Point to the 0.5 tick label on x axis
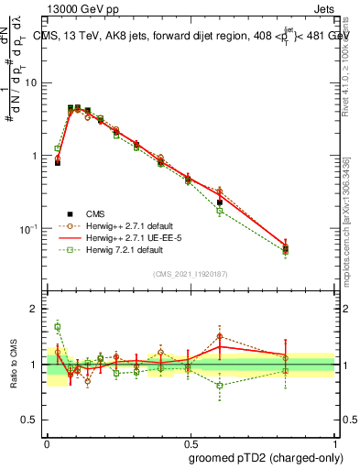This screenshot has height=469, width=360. pos(190,442)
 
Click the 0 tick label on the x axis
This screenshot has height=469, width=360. pos(47,442)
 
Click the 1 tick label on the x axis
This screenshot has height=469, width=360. pos(333,442)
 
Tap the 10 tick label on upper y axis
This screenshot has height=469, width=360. pos(30,82)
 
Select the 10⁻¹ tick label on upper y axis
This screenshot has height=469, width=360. pos(28,228)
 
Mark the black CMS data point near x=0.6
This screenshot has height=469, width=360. pos(219,202)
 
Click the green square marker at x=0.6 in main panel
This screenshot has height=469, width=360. pos(219,211)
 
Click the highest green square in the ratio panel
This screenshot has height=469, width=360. pos(57,326)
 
